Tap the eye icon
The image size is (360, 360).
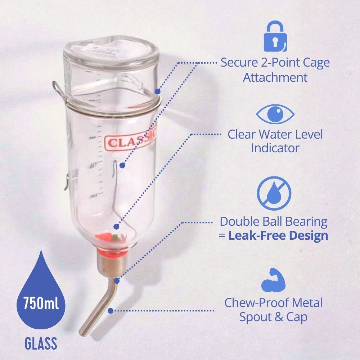tap(275, 114)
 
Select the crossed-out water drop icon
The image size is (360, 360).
tap(274, 193)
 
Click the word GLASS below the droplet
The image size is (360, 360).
tap(41, 344)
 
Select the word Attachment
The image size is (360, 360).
tap(275, 77)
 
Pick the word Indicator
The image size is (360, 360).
tap(275, 148)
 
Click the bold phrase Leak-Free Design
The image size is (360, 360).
tap(278, 236)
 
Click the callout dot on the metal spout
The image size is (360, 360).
tap(111, 310)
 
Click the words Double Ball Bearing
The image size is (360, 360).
tap(274, 221)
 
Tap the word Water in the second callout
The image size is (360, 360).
tap(279, 134)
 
